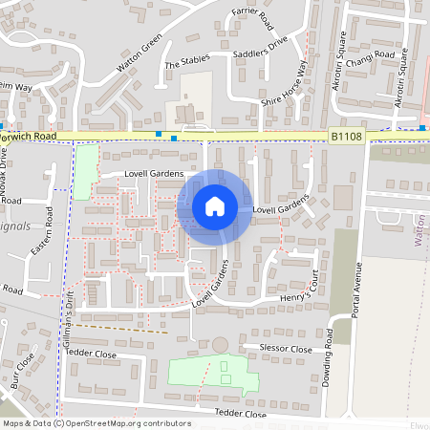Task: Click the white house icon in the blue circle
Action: click(x=215, y=206)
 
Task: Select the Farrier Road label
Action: click(x=252, y=17)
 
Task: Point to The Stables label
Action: click(x=184, y=64)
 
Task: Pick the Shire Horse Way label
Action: click(x=286, y=82)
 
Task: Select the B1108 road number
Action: click(x=346, y=138)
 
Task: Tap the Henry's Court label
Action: click(x=299, y=288)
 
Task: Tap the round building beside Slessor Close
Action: click(x=221, y=344)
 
